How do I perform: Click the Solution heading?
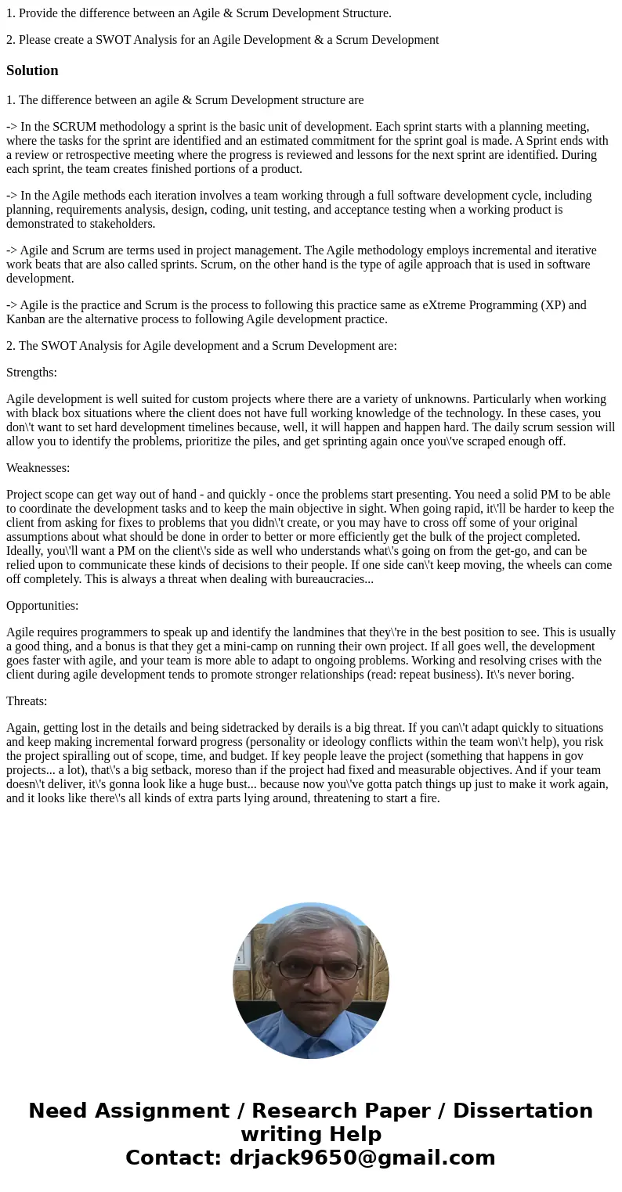coord(32,70)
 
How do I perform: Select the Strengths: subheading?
coord(31,373)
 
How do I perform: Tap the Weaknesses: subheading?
coord(38,468)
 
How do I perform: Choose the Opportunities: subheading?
coord(42,606)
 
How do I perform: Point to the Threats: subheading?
coord(27,701)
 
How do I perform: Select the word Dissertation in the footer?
coord(523,1111)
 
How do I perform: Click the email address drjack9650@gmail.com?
coord(362,1158)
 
